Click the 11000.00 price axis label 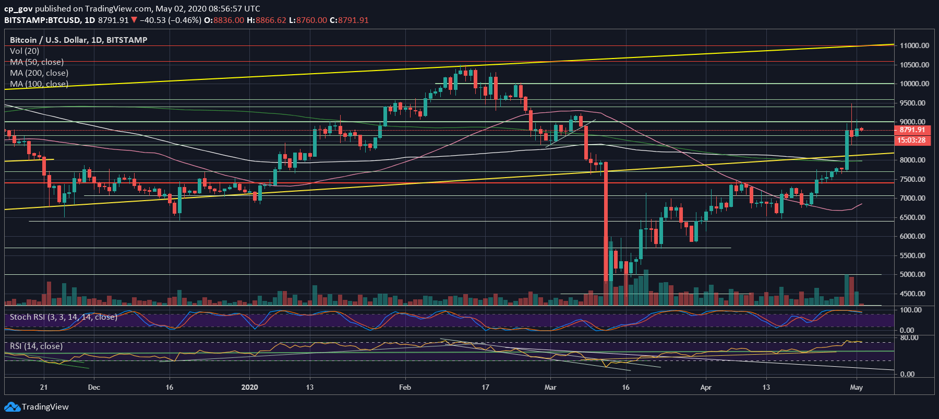914,45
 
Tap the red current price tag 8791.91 912,130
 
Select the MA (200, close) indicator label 39,73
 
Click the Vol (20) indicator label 25,51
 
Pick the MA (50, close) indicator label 37,62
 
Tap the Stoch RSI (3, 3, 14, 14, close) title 63,317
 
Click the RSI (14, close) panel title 36,346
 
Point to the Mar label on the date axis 550,387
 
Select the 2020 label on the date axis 250,387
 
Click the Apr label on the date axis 705,387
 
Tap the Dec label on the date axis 94,387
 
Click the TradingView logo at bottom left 37,406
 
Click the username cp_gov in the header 18,8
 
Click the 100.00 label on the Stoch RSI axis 911,310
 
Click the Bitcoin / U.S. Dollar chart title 78,40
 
